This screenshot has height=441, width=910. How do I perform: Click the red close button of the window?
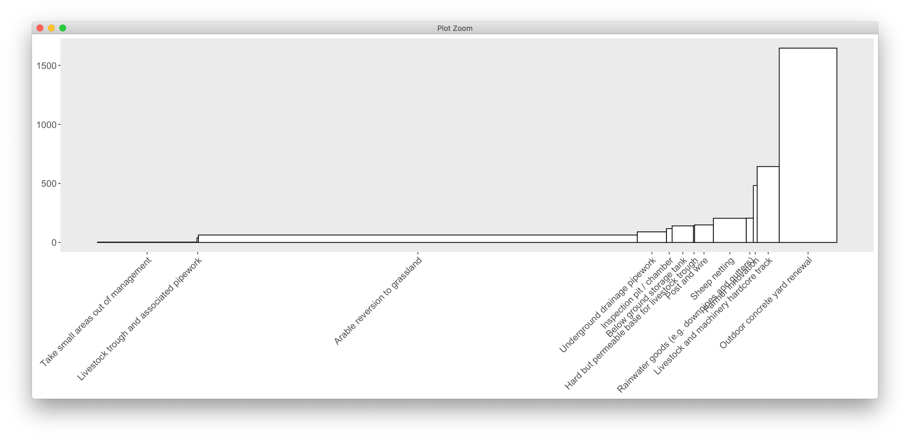click(x=40, y=28)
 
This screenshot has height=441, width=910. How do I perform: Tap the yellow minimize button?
click(x=51, y=28)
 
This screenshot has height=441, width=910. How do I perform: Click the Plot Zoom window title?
click(x=455, y=28)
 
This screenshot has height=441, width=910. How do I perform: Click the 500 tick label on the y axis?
click(x=49, y=184)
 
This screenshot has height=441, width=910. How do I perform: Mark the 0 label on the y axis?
click(x=54, y=243)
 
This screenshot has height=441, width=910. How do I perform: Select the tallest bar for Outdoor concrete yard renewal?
click(x=808, y=145)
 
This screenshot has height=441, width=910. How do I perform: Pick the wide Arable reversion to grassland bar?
click(x=418, y=238)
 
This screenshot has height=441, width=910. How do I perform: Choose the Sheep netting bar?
click(x=730, y=230)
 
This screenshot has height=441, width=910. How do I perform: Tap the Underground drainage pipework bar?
click(x=651, y=237)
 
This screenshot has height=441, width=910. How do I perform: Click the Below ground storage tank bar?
click(x=682, y=234)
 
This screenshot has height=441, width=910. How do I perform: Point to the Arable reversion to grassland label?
click(x=378, y=301)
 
